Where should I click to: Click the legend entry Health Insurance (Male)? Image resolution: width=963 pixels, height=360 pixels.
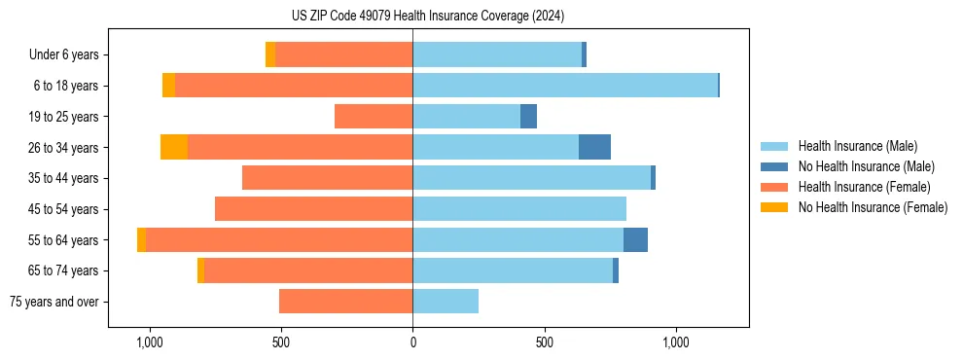click(857, 146)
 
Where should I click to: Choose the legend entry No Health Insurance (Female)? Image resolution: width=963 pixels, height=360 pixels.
click(873, 207)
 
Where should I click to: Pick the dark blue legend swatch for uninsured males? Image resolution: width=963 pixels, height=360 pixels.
click(774, 166)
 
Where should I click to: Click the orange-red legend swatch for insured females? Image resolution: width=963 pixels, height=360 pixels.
click(774, 187)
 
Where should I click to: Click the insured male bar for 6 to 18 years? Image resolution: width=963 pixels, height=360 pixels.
click(564, 86)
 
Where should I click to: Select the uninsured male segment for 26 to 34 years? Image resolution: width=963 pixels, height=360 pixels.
click(594, 147)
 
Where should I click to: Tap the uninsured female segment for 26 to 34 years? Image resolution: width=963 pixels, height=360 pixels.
click(174, 147)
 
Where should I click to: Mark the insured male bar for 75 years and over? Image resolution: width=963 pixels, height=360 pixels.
click(446, 302)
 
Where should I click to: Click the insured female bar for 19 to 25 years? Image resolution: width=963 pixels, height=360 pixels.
click(374, 117)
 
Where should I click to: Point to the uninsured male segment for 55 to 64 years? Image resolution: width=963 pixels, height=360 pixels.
click(635, 239)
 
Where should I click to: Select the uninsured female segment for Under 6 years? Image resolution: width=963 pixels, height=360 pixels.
click(270, 54)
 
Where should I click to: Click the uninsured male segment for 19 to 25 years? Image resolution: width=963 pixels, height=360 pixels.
click(528, 117)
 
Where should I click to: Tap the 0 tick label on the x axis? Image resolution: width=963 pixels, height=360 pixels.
click(412, 342)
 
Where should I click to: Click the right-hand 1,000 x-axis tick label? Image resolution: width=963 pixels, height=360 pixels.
click(675, 342)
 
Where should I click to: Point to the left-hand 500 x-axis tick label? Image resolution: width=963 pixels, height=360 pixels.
click(281, 342)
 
